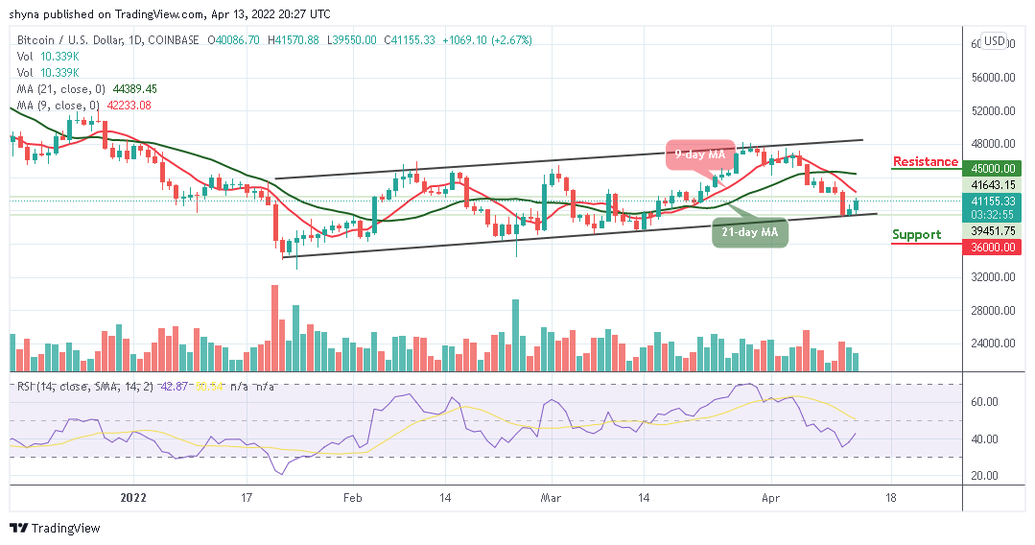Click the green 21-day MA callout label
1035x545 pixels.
[x=750, y=232]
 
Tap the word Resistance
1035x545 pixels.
[x=925, y=161]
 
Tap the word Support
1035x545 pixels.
[x=916, y=234]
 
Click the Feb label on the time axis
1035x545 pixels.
[x=353, y=499]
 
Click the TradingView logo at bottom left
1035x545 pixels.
[x=55, y=528]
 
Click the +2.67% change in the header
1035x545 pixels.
[x=511, y=40]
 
